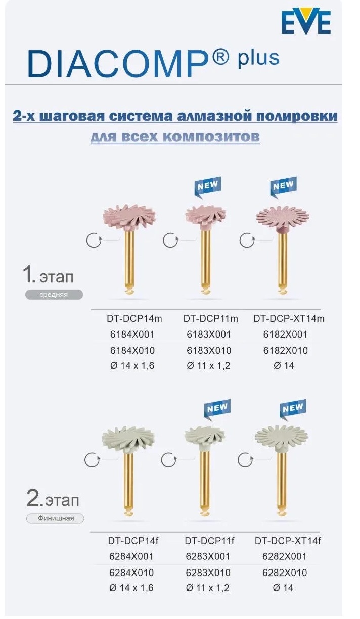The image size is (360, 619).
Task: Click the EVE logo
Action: coord(306,21)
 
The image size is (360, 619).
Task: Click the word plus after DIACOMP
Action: coord(258,58)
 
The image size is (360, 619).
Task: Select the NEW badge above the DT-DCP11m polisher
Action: coord(208,187)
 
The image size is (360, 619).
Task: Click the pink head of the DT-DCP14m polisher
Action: coord(129,217)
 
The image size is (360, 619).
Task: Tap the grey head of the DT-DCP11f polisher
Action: coord(205,439)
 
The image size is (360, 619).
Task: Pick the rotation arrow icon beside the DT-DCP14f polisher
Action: coord(93,460)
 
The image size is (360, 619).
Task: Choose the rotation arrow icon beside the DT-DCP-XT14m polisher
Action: coord(247,240)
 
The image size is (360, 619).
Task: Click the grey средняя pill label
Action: coord(54,295)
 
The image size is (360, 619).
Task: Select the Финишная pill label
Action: coord(55,518)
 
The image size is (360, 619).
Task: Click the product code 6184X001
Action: coord(132,335)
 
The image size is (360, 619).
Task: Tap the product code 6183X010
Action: coord(209,350)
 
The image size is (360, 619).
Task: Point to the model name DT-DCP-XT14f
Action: coord(288,541)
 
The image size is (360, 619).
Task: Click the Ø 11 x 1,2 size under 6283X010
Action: coord(208,588)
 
